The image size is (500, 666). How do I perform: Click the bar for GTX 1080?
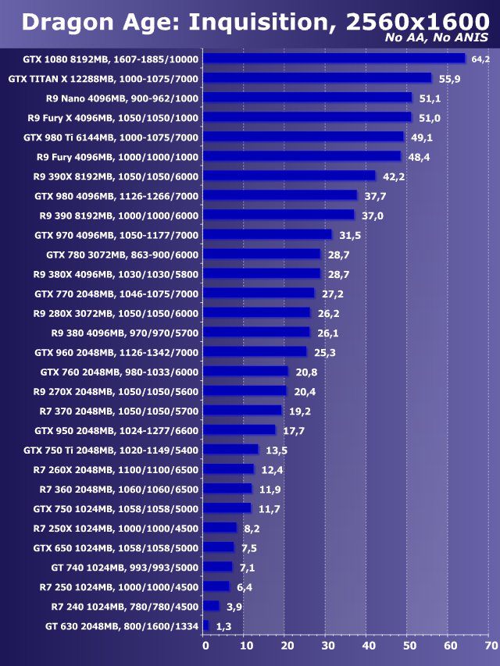(334, 59)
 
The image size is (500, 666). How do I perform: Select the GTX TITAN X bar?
(318, 78)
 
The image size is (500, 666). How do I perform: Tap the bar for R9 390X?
(290, 176)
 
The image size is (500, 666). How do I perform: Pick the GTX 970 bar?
(268, 234)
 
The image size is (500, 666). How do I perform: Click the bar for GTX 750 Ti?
(231, 450)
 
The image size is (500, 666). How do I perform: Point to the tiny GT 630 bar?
(206, 625)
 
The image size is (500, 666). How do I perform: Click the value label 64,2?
(480, 59)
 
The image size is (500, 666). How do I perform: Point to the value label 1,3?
(223, 626)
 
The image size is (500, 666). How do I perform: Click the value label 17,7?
(293, 430)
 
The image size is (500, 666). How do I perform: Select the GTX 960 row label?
(116, 352)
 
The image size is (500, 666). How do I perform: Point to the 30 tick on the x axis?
(327, 646)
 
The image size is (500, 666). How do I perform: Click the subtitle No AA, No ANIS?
(437, 37)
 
